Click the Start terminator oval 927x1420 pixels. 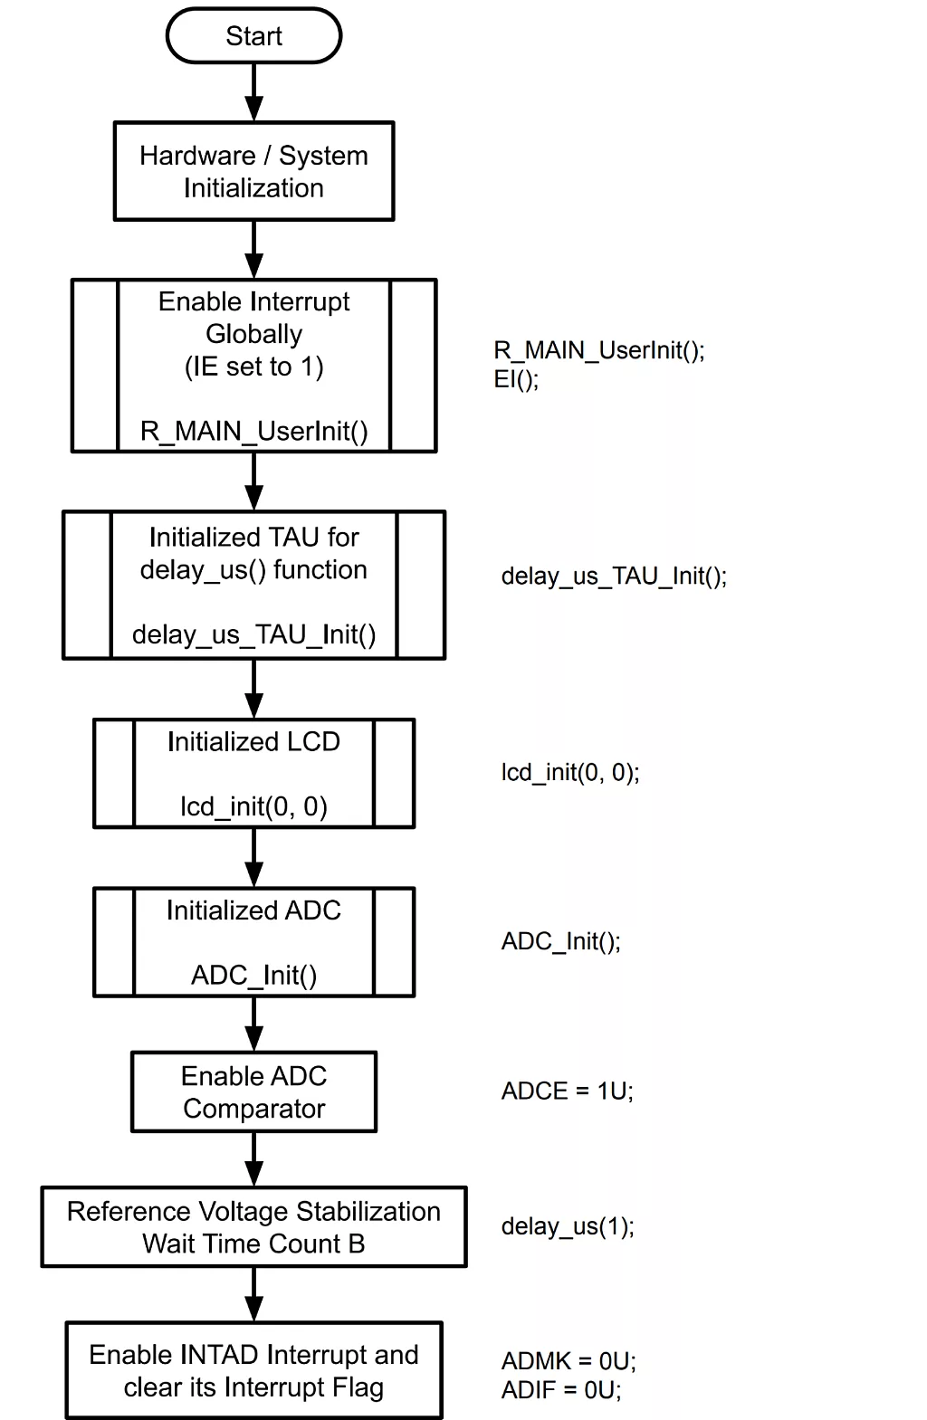tap(253, 36)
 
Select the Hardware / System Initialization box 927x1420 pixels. tap(253, 171)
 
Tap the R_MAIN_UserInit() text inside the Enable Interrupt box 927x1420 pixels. tap(253, 431)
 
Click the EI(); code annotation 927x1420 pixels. tap(516, 379)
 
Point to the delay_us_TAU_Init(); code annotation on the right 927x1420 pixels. tap(614, 577)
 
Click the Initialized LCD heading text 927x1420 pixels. tap(253, 742)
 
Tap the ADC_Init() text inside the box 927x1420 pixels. tap(253, 975)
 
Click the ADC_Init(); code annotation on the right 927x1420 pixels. tap(561, 941)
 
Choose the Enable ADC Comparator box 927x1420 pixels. tap(253, 1091)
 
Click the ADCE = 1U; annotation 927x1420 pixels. tap(568, 1091)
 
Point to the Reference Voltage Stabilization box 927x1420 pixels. tap(253, 1226)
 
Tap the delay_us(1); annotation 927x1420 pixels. tap(568, 1226)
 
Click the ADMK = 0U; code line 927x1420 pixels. tap(569, 1361)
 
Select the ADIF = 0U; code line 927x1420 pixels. tap(561, 1390)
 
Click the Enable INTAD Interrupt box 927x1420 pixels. tap(253, 1370)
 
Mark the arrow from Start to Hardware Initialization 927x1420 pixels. tap(254, 92)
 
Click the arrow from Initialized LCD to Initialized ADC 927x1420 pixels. tap(254, 857)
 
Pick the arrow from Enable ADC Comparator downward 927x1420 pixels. tap(254, 1158)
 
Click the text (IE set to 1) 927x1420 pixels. tap(253, 367)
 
